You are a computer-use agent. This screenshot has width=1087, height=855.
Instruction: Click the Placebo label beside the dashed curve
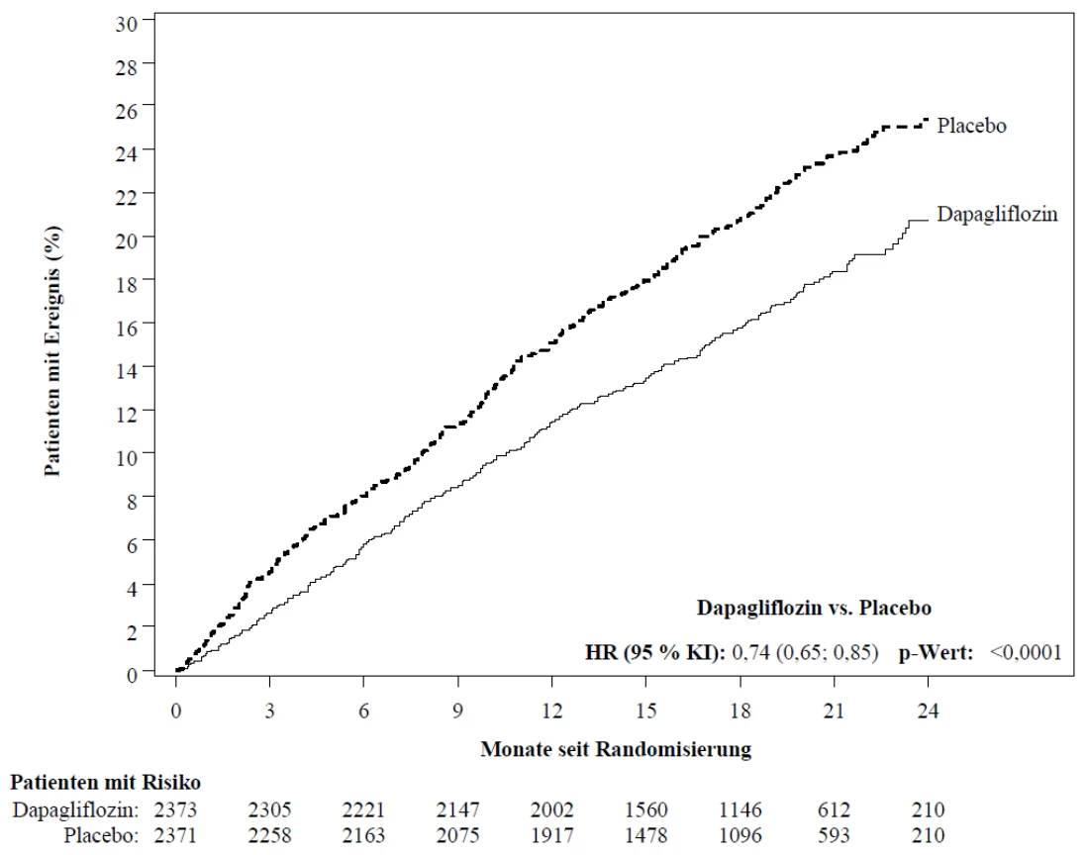coord(971,126)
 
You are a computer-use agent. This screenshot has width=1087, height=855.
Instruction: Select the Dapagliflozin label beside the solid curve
coord(998,214)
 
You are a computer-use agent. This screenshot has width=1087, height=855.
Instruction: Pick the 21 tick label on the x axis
coord(834,711)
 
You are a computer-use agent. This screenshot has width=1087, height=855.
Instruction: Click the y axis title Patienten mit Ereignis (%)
coord(52,350)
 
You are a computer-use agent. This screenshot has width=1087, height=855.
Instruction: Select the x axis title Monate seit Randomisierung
coord(617,749)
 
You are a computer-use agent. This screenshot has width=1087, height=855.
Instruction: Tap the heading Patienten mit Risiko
coord(105,782)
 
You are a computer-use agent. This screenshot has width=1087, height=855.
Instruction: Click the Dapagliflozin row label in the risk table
coord(75,809)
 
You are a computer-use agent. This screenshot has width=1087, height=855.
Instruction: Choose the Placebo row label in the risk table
coord(101,835)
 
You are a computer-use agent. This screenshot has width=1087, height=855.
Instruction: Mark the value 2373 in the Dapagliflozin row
coord(175,809)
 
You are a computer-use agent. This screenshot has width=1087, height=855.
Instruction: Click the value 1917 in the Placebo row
coord(551,835)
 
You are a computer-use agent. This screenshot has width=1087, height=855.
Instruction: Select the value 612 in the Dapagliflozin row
coord(834,809)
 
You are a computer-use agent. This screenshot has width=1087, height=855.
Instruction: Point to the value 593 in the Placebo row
coord(834,835)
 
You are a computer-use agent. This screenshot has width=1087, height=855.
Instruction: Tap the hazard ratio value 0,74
coord(750,652)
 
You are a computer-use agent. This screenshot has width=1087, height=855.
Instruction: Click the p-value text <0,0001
coord(1026,652)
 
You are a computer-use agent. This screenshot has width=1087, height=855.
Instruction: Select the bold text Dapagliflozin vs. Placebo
coord(814,608)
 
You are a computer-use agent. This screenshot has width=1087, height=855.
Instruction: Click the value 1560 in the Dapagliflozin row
coord(646,809)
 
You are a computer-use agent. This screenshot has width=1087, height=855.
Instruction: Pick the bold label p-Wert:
coord(936,652)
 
